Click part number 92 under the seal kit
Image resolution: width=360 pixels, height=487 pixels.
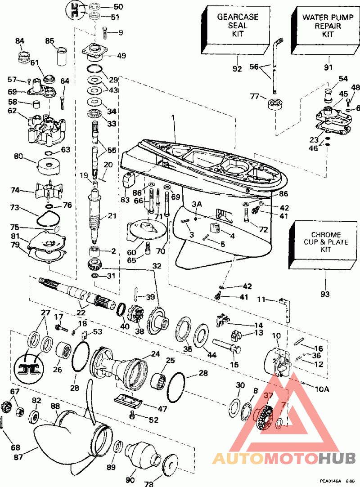237,69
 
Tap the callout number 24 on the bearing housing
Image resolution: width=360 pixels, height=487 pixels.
156,354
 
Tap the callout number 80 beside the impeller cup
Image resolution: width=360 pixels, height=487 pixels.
18,157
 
